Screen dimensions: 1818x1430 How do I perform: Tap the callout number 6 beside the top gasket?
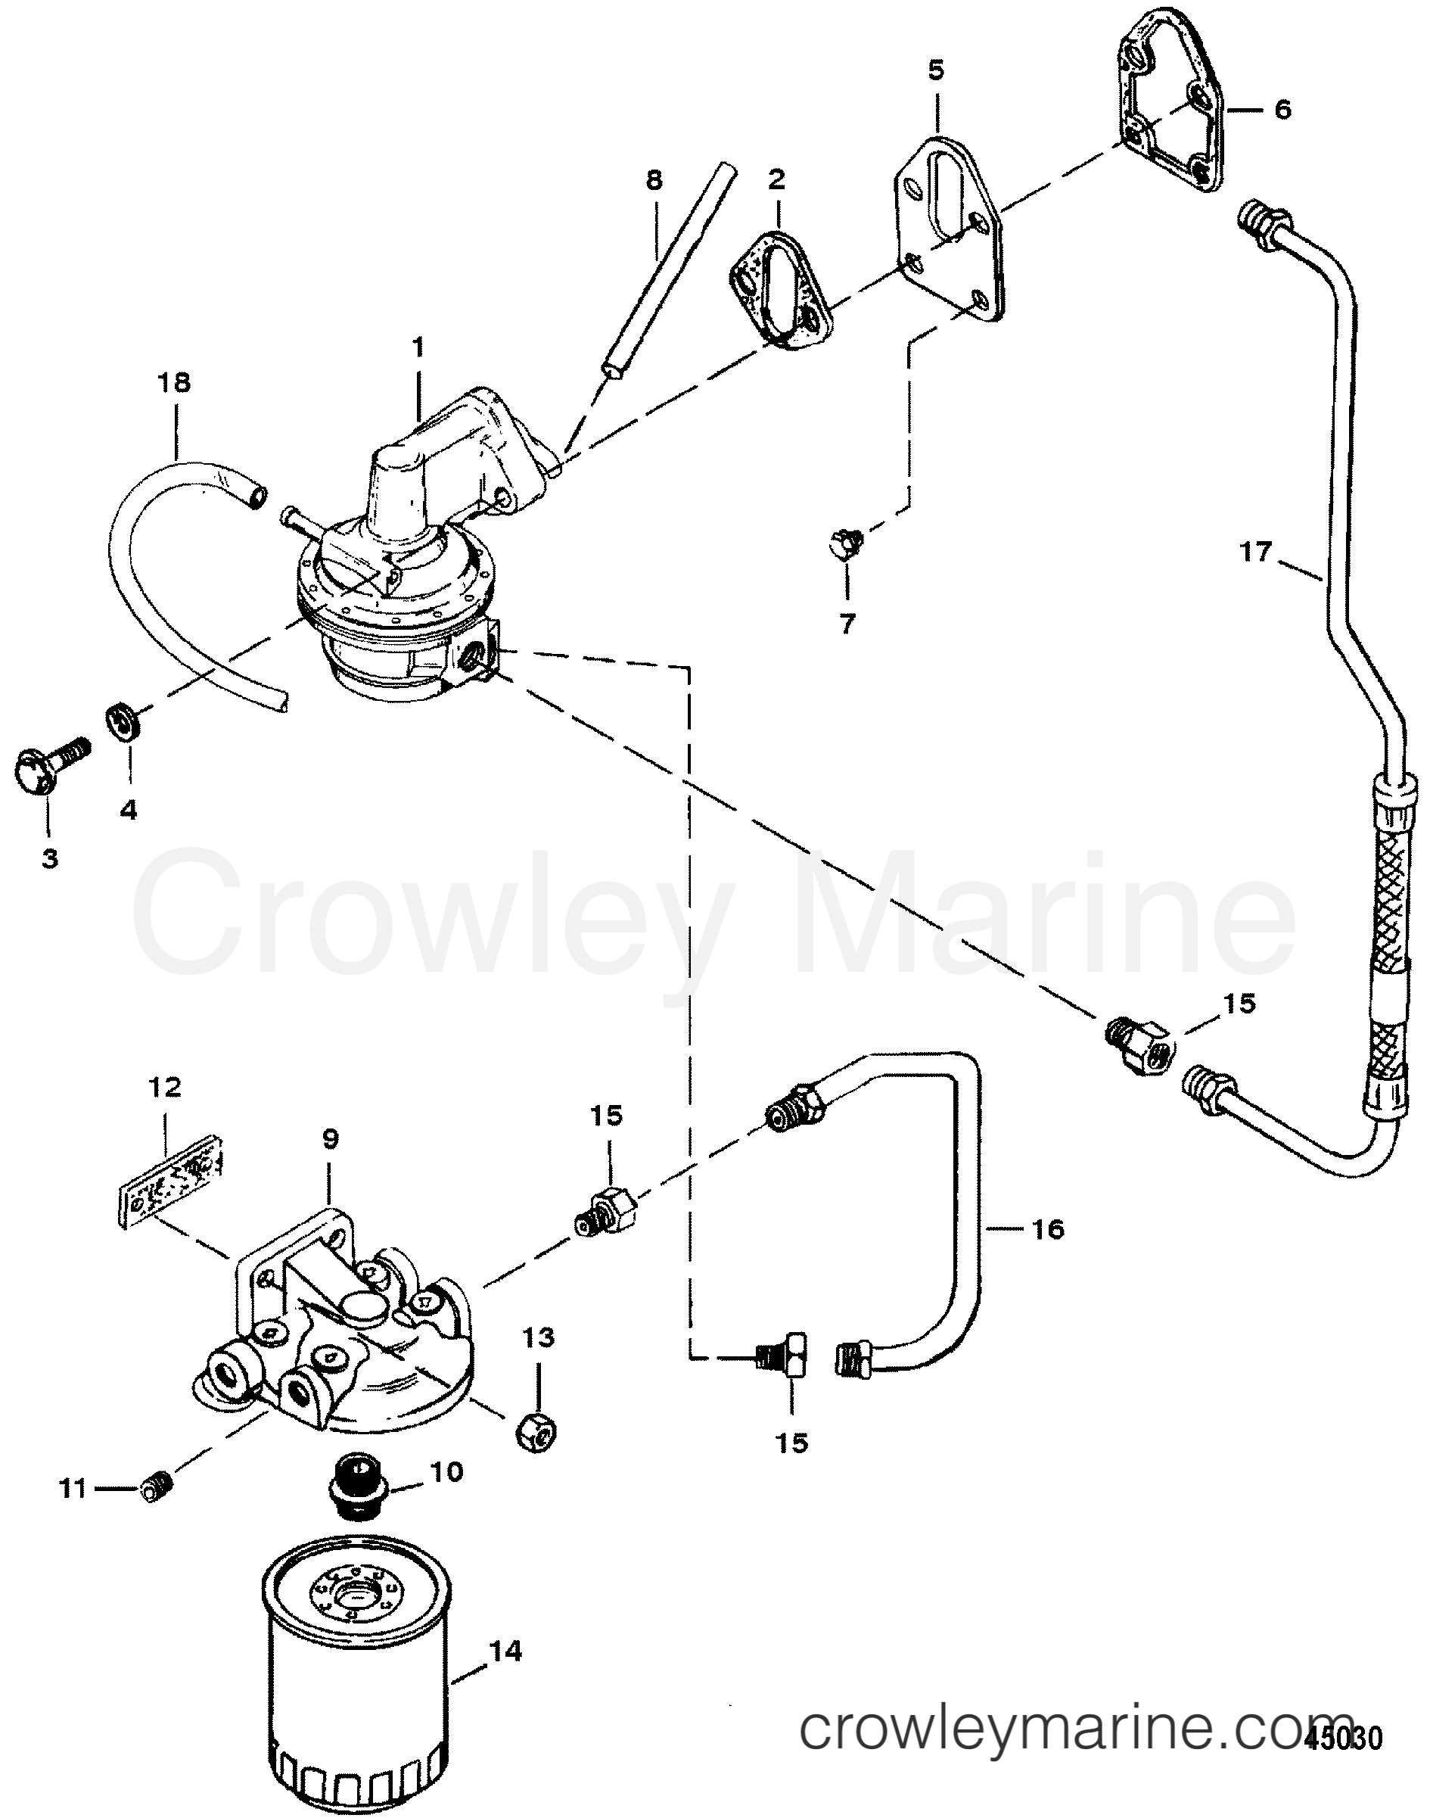pos(1282,109)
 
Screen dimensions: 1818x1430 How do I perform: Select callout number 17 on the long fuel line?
pos(1255,553)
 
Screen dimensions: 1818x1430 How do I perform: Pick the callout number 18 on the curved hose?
pos(175,383)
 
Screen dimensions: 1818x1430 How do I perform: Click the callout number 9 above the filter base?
pos(330,1139)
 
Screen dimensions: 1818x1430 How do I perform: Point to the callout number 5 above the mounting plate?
pos(935,71)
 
